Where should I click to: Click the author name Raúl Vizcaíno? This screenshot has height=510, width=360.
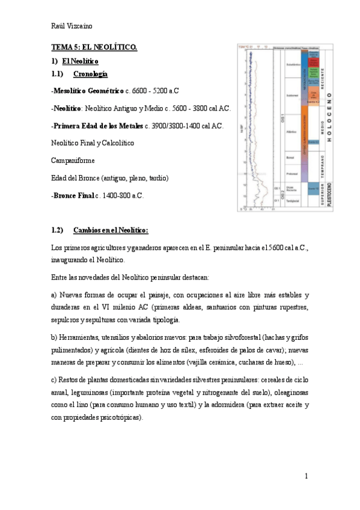tap(72, 25)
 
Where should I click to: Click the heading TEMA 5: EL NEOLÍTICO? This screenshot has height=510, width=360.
tap(94, 47)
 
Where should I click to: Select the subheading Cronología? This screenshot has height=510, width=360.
tap(90, 74)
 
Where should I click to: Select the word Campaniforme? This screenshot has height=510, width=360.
tap(73, 161)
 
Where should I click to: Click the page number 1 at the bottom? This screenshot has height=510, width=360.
tap(307, 476)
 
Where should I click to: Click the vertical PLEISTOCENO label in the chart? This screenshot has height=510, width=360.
tap(328, 192)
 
